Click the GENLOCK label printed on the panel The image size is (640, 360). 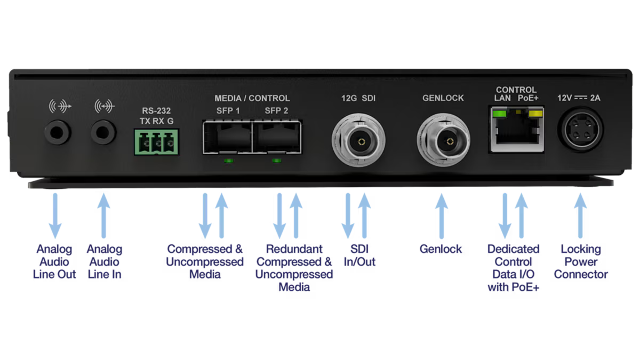click(x=443, y=98)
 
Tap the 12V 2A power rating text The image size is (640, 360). click(x=579, y=98)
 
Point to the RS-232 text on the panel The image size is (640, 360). click(x=156, y=111)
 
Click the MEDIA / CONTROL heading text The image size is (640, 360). click(x=252, y=98)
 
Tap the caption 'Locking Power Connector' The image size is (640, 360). click(x=580, y=261)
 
